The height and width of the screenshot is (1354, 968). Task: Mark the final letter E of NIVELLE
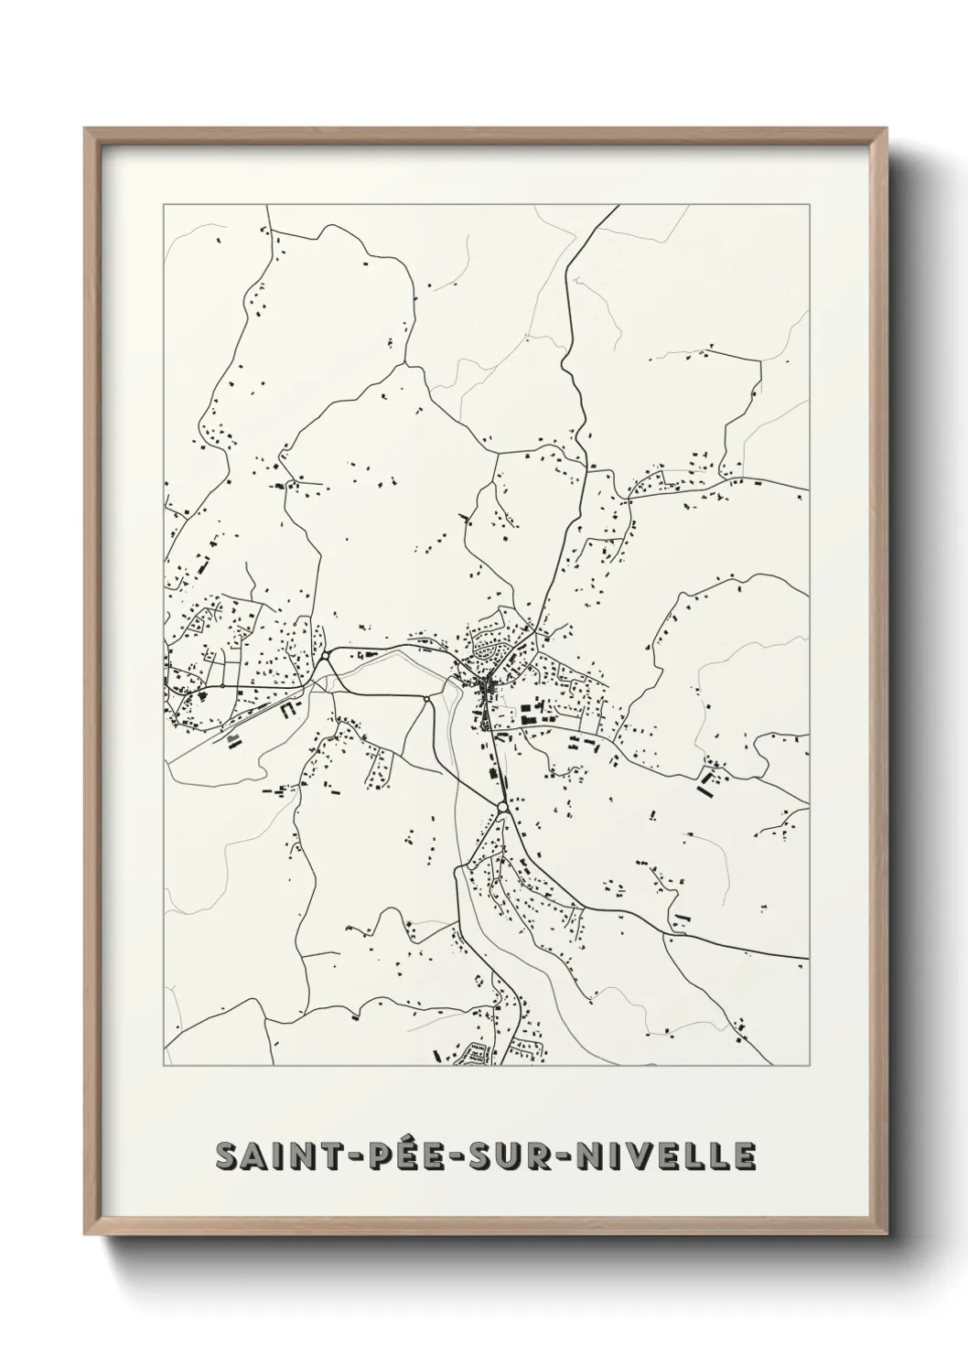[x=745, y=1156]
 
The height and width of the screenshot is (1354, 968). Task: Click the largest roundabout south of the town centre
[x=502, y=806]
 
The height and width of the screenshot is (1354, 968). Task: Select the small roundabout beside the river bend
[x=426, y=700]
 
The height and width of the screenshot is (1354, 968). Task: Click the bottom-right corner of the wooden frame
[x=884, y=1240]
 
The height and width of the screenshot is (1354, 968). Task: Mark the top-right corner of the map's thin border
[x=809, y=205]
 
